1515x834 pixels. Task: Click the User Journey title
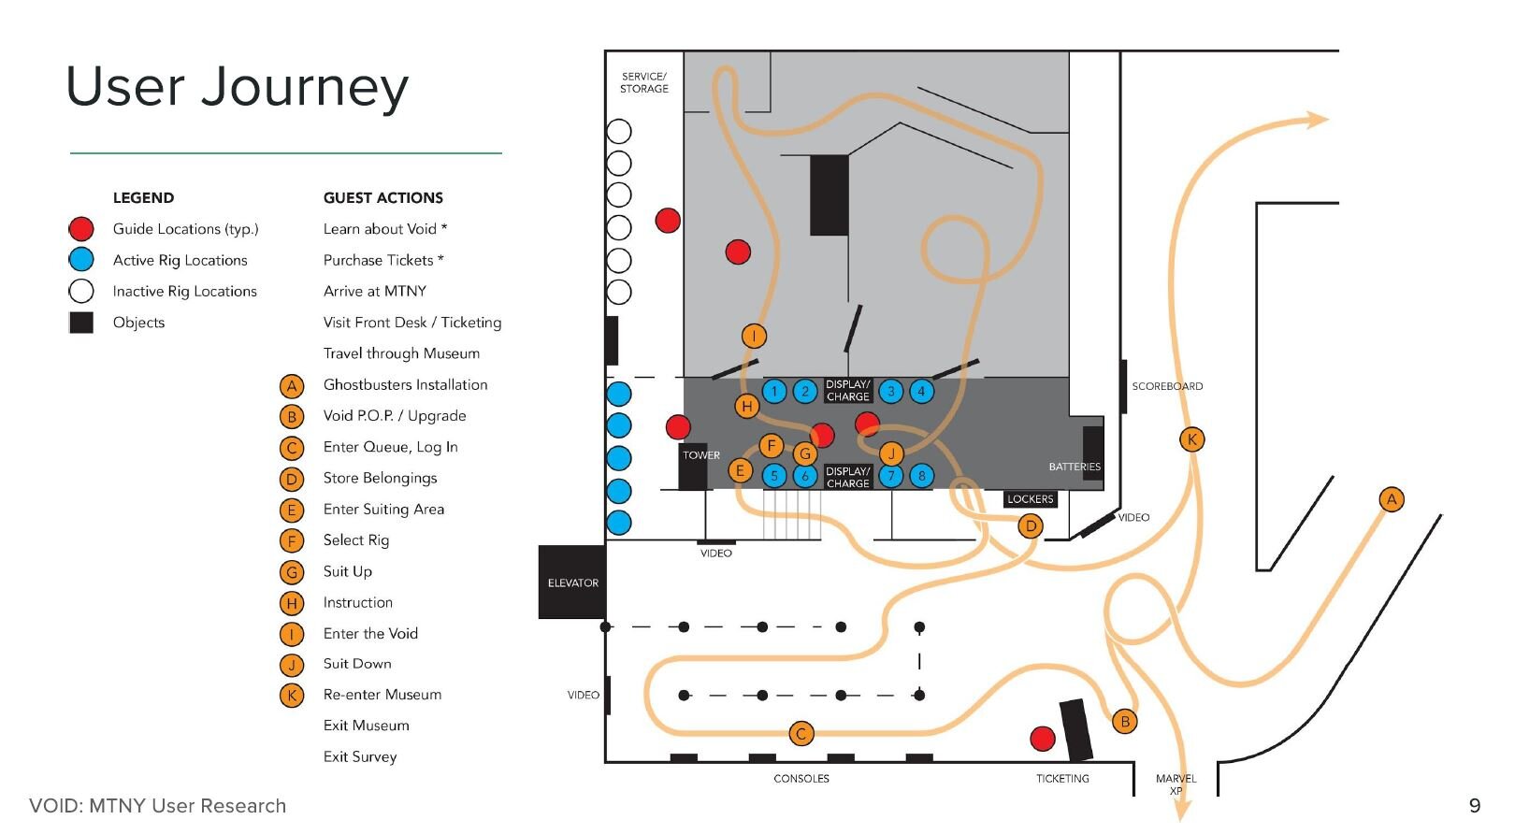point(237,88)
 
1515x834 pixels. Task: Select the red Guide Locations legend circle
point(81,229)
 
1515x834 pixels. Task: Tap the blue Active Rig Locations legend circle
point(81,260)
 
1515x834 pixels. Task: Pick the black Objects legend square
point(81,323)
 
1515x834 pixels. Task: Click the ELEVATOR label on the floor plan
point(572,582)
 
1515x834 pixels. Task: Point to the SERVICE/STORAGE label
point(644,82)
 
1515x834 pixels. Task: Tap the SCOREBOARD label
point(1167,386)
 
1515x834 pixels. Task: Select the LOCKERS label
point(1030,499)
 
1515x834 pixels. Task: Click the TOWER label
point(700,455)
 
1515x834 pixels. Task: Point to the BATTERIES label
point(1075,467)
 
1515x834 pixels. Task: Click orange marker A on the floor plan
point(1392,499)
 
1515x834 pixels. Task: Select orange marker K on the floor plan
point(1191,439)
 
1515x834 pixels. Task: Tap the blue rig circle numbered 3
point(891,392)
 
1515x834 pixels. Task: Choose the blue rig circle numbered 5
point(774,476)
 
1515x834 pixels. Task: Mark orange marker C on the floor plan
point(801,734)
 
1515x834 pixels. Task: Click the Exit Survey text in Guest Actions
point(360,756)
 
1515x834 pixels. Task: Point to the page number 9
point(1475,806)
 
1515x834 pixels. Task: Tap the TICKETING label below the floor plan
point(1062,778)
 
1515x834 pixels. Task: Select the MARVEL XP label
point(1176,784)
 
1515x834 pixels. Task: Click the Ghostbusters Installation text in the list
point(405,384)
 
